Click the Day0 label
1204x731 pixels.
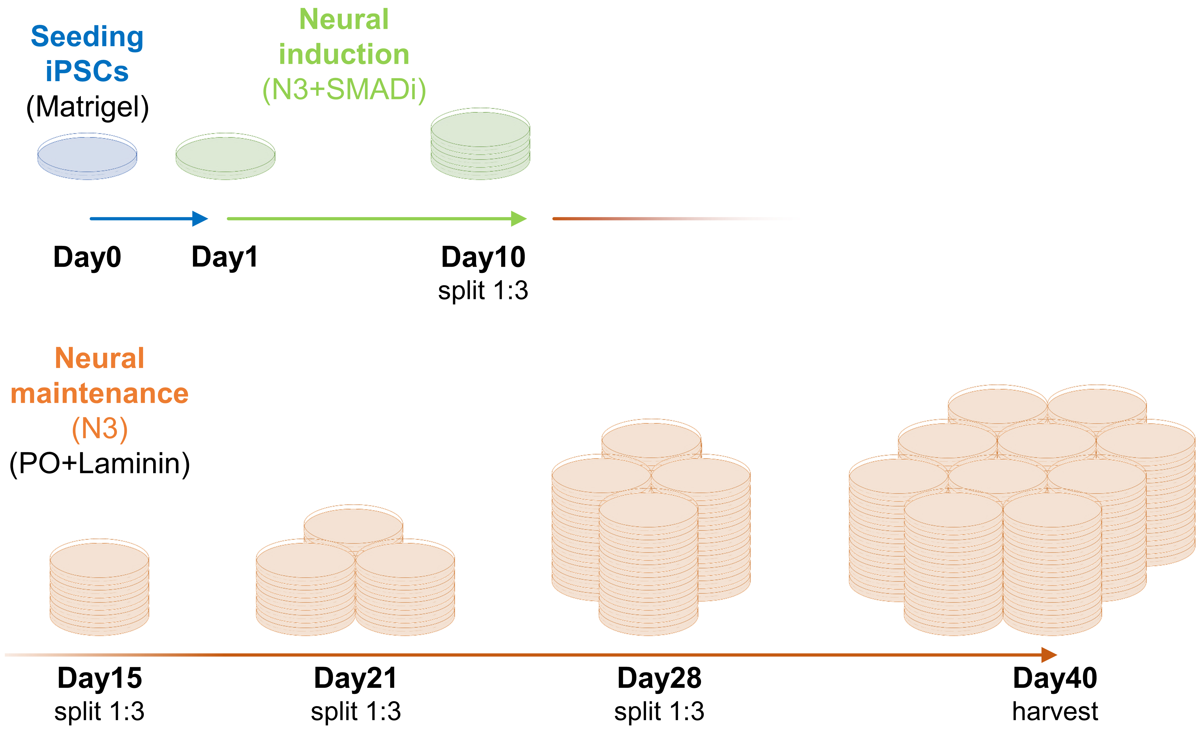(88, 258)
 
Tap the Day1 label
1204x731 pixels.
(225, 258)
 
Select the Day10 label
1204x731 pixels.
(483, 258)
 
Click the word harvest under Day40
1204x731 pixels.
(1055, 712)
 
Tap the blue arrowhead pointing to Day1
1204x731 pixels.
(200, 219)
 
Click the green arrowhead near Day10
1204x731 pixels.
(519, 219)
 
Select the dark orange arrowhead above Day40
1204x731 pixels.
(1049, 655)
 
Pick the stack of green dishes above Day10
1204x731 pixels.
(480, 144)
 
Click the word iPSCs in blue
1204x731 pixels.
(88, 71)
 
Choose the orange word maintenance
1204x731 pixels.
(100, 394)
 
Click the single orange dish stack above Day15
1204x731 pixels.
(99, 587)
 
